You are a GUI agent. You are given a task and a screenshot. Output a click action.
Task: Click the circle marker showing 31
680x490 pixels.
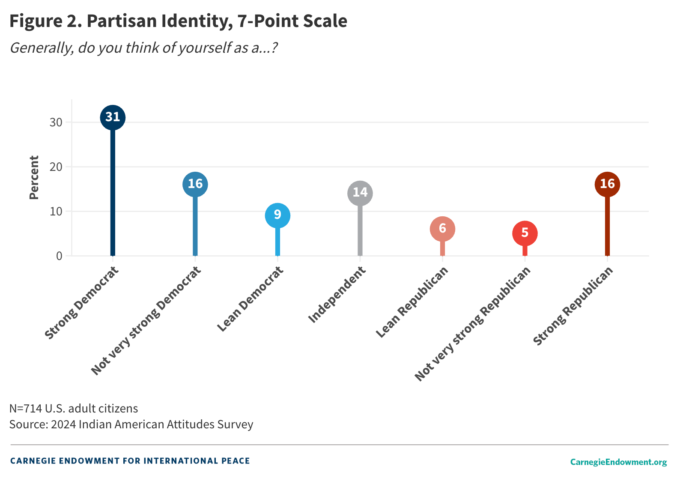point(113,117)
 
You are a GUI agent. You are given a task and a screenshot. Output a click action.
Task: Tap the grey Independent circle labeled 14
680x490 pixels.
point(360,193)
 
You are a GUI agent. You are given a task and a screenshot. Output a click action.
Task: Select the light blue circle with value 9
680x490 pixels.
point(277,215)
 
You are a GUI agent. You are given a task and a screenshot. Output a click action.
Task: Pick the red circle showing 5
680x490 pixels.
point(525,233)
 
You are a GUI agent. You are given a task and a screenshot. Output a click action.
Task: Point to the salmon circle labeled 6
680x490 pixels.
point(442,229)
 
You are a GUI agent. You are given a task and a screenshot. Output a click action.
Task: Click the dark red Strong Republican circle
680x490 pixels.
point(607,184)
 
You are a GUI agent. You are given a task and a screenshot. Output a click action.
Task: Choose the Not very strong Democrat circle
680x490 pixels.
point(195,184)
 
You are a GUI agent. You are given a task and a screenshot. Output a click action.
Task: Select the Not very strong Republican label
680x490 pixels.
point(473,323)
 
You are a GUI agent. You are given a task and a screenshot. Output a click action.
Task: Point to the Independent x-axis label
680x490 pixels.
point(337,294)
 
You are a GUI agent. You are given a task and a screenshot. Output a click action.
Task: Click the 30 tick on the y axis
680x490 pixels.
point(56,122)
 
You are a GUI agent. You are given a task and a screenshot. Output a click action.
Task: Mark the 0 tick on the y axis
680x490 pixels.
point(59,256)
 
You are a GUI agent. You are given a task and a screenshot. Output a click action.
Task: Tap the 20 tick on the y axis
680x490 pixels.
point(56,167)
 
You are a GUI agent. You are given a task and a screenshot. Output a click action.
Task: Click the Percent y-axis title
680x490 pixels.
point(34,177)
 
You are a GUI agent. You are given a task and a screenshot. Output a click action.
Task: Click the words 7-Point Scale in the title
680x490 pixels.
point(292,21)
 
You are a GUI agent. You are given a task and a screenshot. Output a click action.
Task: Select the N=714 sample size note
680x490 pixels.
point(74,408)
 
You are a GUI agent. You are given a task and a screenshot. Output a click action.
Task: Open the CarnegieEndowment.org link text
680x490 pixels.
point(618,462)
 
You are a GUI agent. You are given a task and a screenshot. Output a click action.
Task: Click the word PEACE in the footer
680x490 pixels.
point(236,461)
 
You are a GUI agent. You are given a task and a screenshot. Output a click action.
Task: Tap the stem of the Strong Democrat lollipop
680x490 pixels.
point(113,193)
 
